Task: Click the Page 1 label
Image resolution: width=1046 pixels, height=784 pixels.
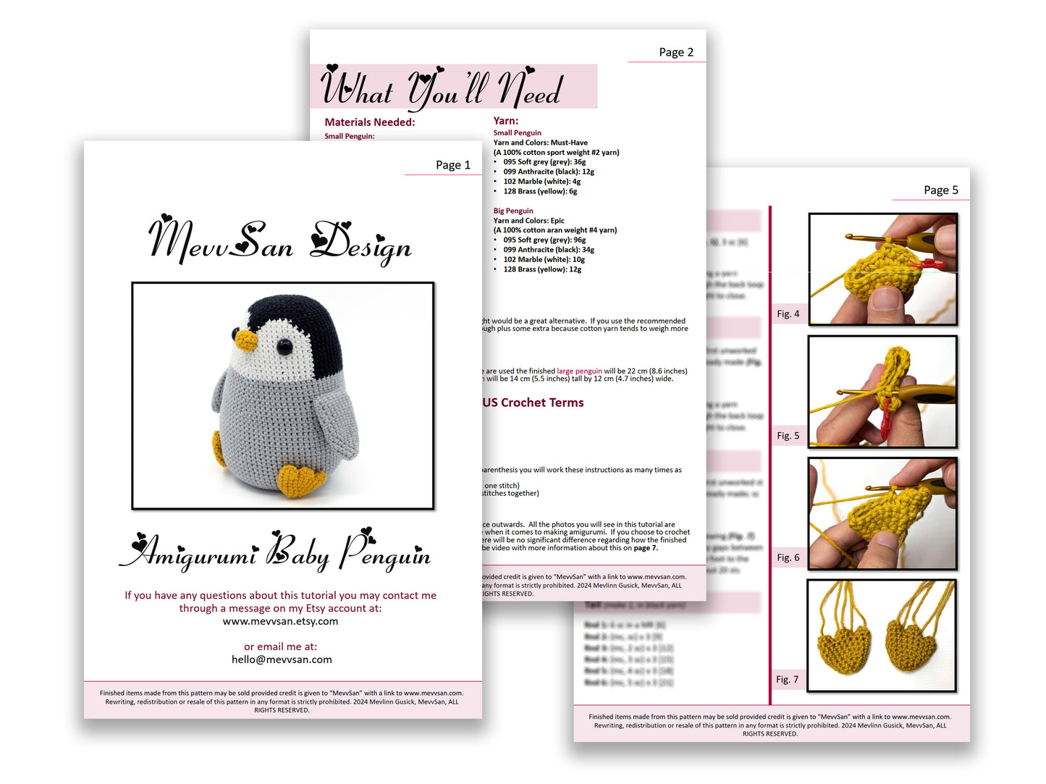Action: click(x=452, y=165)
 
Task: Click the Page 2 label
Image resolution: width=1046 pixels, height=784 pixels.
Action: click(x=675, y=52)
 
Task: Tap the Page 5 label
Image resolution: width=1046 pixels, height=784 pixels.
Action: click(x=940, y=190)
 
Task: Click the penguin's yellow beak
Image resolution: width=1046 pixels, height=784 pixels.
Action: click(x=247, y=339)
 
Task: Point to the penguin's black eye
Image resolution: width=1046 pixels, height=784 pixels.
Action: click(x=284, y=347)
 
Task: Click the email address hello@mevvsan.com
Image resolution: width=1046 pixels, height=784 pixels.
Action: click(x=282, y=659)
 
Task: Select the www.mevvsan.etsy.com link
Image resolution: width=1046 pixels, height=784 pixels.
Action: click(x=280, y=621)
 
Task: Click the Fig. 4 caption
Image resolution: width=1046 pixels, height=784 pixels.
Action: click(x=788, y=313)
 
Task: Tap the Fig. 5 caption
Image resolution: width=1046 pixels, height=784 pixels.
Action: click(x=788, y=435)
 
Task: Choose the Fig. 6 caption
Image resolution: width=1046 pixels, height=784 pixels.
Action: click(x=788, y=557)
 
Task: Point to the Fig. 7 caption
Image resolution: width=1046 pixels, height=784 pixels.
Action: click(x=787, y=679)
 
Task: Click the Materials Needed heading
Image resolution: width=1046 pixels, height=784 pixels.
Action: click(x=369, y=122)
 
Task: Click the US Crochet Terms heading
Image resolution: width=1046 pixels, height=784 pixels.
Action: click(x=533, y=402)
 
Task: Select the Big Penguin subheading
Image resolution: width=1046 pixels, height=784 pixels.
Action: click(x=513, y=211)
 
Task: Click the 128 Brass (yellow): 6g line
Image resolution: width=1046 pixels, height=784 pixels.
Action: click(x=540, y=191)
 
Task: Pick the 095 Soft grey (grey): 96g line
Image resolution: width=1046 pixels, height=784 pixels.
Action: click(x=544, y=240)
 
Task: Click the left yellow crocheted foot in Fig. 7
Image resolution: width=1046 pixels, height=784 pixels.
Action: click(x=843, y=644)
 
